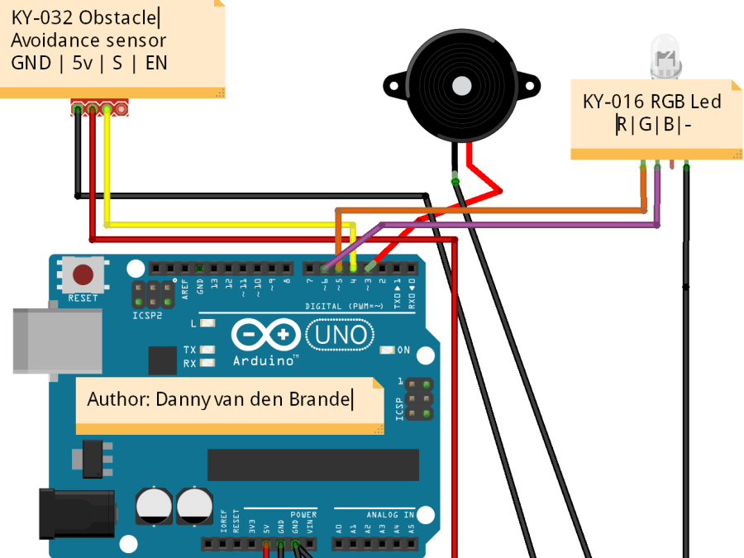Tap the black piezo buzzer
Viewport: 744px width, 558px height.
[461, 86]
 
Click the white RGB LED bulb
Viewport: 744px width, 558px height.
[666, 58]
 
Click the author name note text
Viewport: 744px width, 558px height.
[220, 399]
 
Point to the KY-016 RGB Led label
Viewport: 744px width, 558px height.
[651, 102]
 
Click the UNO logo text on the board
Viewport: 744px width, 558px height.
[340, 335]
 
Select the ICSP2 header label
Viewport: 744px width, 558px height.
[148, 316]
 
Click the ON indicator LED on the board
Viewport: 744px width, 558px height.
[386, 350]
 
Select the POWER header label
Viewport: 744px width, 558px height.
[303, 514]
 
